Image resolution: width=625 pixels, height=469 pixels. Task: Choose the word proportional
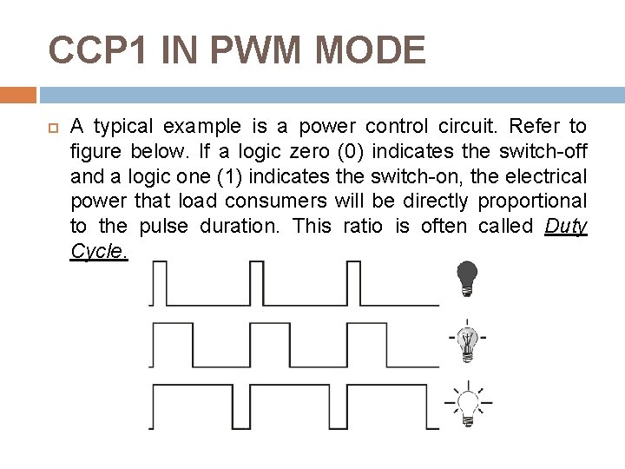(537, 201)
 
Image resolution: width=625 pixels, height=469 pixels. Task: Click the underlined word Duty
(567, 227)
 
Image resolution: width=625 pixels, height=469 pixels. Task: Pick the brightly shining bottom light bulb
(468, 404)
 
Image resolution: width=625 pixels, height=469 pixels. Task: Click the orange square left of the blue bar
(17, 95)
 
